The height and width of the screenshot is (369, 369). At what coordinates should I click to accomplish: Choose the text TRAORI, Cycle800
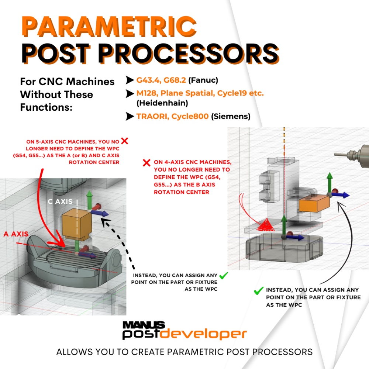[x=172, y=117]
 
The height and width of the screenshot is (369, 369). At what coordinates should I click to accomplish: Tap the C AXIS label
[x=63, y=202]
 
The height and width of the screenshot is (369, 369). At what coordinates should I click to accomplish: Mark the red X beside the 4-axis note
[x=146, y=162]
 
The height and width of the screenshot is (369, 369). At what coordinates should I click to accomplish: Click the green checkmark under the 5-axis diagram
[x=223, y=275]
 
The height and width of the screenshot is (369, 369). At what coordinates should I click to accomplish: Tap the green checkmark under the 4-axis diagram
[x=258, y=291]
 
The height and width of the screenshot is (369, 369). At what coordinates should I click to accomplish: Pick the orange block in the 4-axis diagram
[x=313, y=203]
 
